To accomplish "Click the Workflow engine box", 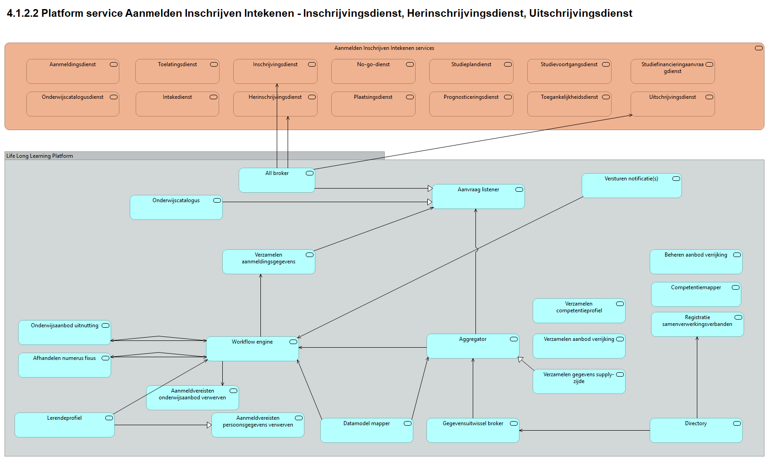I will tap(252, 349).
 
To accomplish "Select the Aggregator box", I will tap(472, 347).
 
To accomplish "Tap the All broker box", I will tap(277, 180).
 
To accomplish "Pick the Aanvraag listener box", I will tap(478, 197).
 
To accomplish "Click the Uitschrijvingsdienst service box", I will tap(672, 104).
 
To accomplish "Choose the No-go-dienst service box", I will tap(373, 72).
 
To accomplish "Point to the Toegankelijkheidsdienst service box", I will tap(569, 104).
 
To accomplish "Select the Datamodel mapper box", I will tap(367, 431).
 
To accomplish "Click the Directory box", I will tap(696, 431).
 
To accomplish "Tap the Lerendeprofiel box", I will tap(64, 425).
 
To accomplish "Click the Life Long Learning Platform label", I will tap(39, 156).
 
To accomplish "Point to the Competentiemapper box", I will tap(696, 295).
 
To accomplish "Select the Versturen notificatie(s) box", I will tap(631, 186).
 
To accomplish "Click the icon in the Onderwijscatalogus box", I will tap(217, 200).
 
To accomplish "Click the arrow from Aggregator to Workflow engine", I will tap(363, 348).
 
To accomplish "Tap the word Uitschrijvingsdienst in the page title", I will tap(580, 13).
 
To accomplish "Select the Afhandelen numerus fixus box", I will tap(64, 365).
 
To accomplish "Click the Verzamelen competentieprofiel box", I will tap(578, 311).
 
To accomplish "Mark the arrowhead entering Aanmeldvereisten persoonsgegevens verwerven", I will tap(209, 425).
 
